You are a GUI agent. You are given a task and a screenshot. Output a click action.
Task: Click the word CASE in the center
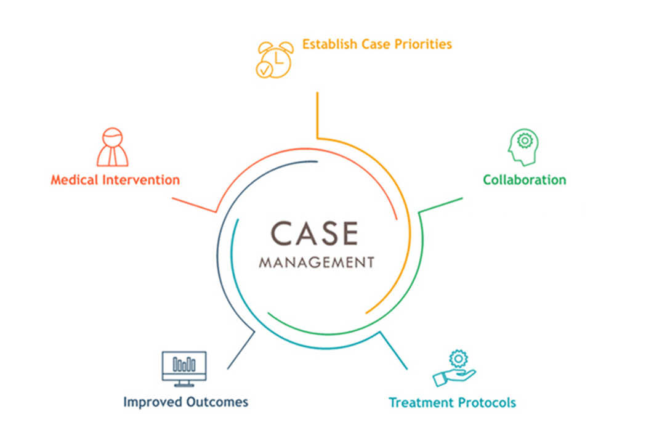[315, 233]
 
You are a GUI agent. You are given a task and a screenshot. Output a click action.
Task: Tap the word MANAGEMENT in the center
[317, 262]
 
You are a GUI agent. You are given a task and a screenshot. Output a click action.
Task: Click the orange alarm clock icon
[275, 60]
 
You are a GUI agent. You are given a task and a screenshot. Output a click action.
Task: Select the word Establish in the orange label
[329, 44]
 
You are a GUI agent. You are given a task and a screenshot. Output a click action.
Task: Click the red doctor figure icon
[113, 147]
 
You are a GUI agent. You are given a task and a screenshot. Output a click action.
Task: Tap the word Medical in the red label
[75, 180]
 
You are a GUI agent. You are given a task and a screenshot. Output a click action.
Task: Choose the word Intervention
[142, 180]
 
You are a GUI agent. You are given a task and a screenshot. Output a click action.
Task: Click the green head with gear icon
[523, 147]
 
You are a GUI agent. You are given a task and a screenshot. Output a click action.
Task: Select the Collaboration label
[524, 180]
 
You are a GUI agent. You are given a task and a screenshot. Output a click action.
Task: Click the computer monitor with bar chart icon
[184, 369]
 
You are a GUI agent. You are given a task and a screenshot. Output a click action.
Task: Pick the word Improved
[153, 402]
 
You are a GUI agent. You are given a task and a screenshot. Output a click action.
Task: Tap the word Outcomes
[217, 402]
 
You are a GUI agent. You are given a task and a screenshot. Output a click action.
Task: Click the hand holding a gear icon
[454, 368]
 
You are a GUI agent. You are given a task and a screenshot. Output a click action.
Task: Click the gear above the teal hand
[458, 359]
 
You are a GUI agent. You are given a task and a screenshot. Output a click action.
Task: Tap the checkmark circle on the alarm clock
[264, 70]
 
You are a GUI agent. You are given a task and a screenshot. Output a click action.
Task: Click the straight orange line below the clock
[317, 115]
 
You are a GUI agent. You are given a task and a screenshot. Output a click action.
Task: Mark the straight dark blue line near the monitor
[241, 351]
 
